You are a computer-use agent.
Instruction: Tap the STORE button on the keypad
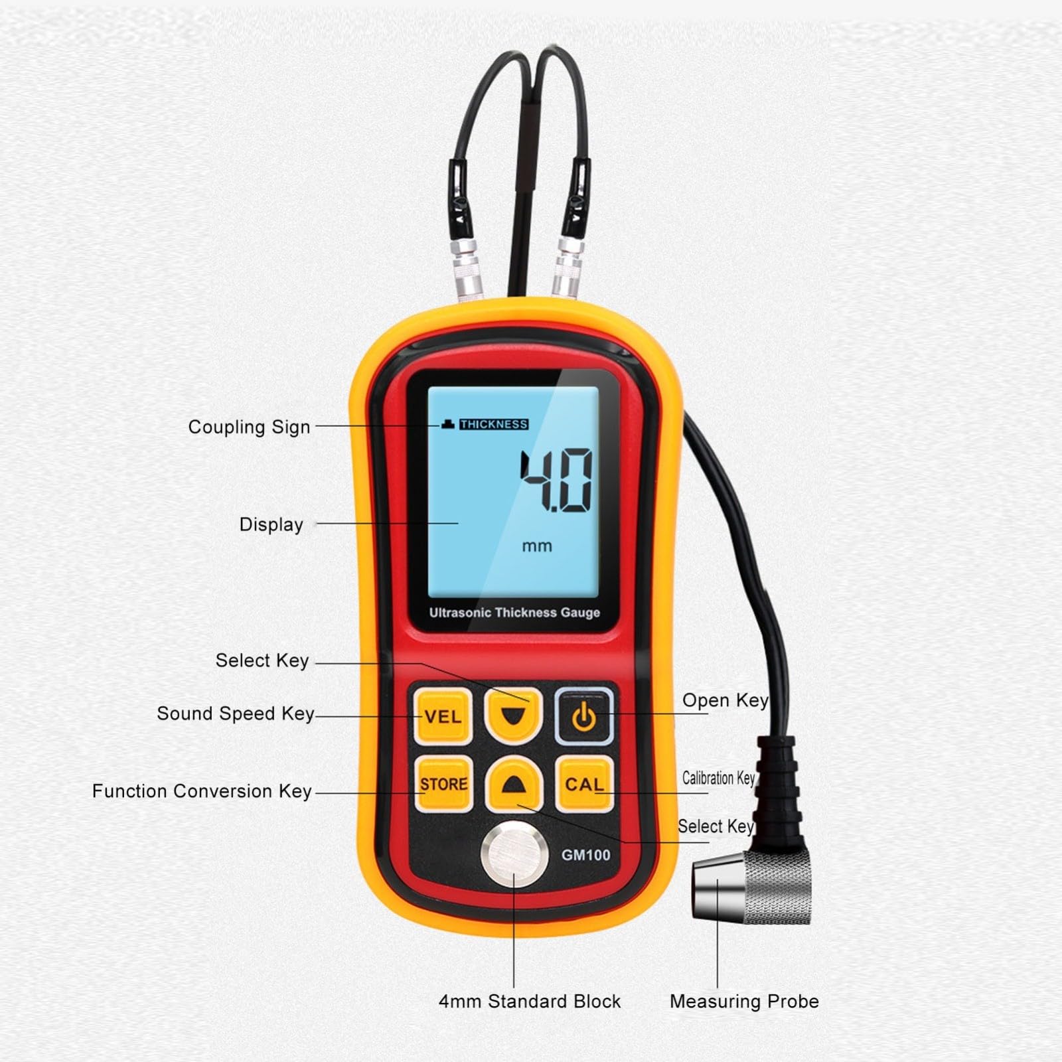pos(443,784)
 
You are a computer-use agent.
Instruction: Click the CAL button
pos(584,784)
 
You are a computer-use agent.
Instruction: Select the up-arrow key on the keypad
pos(514,784)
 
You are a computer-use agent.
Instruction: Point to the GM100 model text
pos(585,855)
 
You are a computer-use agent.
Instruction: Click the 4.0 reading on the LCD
pos(556,481)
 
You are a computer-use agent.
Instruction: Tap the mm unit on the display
pos(537,546)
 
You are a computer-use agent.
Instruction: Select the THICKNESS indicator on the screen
pos(494,424)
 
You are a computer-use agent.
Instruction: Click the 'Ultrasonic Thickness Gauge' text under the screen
pos(514,613)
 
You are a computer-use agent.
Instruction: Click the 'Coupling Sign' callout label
pos(249,427)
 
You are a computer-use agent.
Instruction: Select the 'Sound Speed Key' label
pos(235,714)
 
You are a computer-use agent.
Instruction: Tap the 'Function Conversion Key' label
pos(202,791)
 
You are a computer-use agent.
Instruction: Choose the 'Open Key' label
pos(725,701)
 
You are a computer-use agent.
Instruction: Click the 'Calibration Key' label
pos(719,778)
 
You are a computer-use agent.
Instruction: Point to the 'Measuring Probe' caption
pos(744,1002)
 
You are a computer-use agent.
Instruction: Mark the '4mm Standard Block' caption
pos(530,1002)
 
